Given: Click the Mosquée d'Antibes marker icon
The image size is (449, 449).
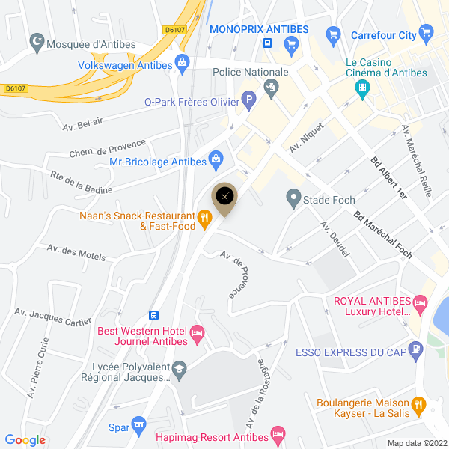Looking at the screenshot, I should (37, 44).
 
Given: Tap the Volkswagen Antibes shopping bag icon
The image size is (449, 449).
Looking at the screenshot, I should (180, 64).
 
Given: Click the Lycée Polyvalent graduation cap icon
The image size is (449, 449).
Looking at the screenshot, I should (180, 370).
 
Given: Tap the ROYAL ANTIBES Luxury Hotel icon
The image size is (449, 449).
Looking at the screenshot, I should (420, 303).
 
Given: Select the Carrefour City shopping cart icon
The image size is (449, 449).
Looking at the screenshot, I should (427, 33).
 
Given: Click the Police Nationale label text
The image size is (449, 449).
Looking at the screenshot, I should (251, 72).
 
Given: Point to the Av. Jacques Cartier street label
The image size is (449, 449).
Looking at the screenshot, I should (52, 317).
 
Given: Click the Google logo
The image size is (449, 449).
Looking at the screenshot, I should (25, 440).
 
